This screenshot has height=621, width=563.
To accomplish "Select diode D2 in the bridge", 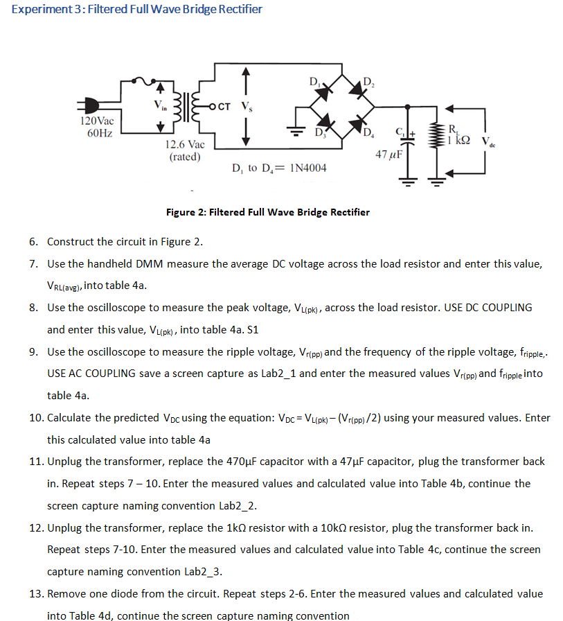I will (359, 90).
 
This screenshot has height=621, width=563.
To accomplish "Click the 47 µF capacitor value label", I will (388, 152).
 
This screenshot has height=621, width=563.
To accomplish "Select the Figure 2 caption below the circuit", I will (268, 212).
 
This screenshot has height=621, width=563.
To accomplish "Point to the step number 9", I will (33, 352).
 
